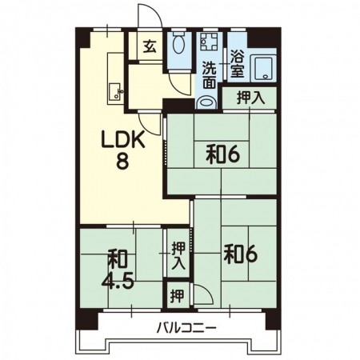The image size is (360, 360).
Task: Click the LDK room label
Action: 123,139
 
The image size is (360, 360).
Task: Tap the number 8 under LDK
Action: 123,160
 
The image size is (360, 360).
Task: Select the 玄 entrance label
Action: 150,46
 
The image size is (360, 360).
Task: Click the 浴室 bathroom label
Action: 238,64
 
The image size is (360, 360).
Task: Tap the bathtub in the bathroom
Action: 263,68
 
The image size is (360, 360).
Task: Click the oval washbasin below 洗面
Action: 206,102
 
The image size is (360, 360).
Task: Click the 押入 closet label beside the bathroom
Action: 250,98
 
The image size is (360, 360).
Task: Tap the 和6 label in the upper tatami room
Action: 223,155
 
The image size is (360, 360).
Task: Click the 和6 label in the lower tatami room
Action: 241,254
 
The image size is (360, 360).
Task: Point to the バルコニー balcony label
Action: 186,327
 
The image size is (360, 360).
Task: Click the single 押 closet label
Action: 178,295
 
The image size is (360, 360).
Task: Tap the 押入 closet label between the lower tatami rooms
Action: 178,256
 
